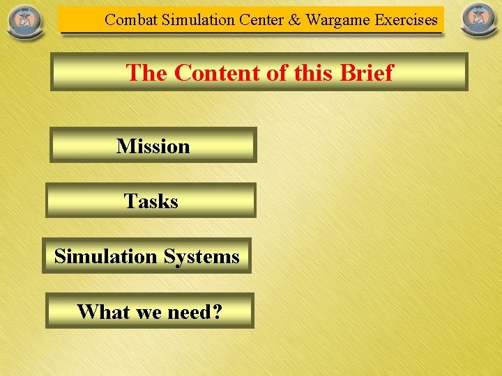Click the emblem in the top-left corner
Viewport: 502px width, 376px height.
pyautogui.click(x=24, y=21)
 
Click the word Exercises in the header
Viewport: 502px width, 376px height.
pyautogui.click(x=406, y=20)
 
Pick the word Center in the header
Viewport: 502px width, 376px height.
pyautogui.click(x=261, y=20)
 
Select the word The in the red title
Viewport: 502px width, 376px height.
pyautogui.click(x=148, y=72)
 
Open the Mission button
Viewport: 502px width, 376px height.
pyautogui.click(x=153, y=146)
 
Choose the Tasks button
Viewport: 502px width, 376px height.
pyautogui.click(x=151, y=201)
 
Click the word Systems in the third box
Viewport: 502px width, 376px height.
pyautogui.click(x=201, y=256)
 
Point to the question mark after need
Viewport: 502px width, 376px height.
pyautogui.click(x=217, y=311)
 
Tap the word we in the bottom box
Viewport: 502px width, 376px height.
pyautogui.click(x=147, y=311)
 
